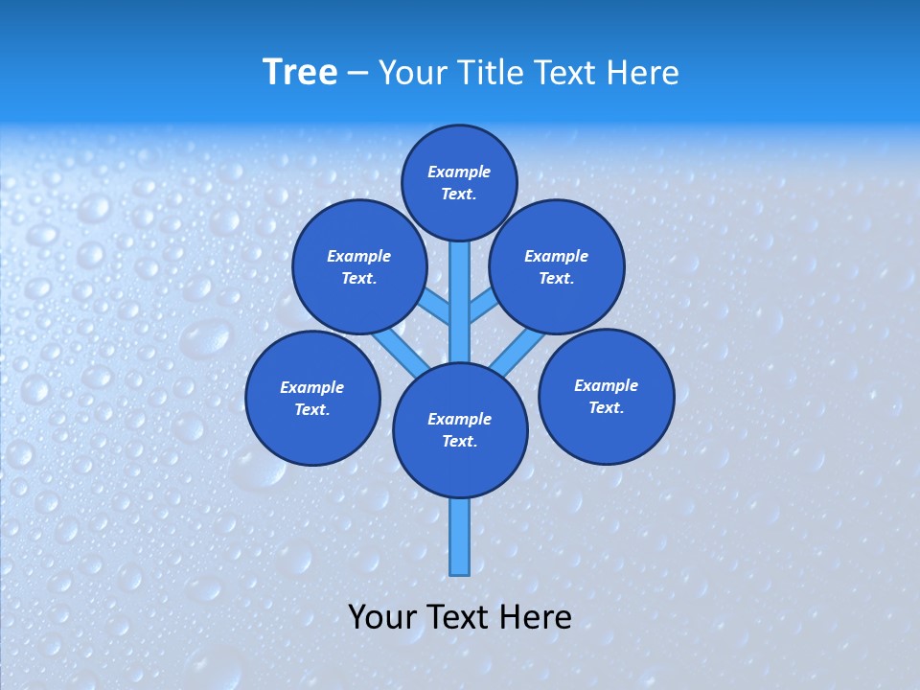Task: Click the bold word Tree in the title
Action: pos(300,73)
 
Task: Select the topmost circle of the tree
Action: pos(459,182)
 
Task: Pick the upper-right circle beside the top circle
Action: pos(557,267)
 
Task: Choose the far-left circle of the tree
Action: pos(312,398)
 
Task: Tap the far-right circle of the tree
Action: pos(606,396)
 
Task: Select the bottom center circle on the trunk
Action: pos(460,430)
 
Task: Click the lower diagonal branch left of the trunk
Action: pos(399,352)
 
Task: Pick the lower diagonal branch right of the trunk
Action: pos(517,352)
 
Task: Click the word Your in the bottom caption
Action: pos(381,617)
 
